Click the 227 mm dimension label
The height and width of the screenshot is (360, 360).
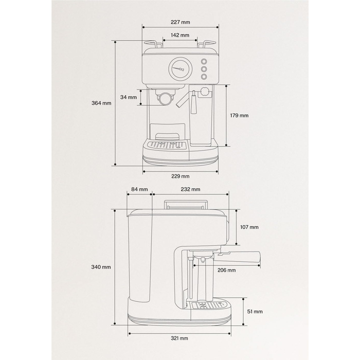[180, 22]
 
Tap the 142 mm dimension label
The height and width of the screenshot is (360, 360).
[180, 35]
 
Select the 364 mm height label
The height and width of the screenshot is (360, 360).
[101, 103]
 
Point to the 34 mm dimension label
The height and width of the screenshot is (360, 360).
[129, 97]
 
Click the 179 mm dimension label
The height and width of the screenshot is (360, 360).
[239, 115]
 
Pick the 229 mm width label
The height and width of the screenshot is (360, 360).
[181, 176]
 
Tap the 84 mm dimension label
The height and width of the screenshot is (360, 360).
[139, 189]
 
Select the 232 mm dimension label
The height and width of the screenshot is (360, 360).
[190, 189]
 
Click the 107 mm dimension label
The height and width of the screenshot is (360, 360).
[249, 227]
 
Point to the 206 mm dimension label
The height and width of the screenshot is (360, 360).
[227, 270]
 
